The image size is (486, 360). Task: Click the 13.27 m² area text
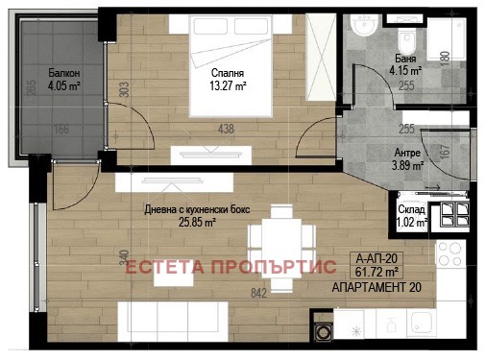(x=228, y=84)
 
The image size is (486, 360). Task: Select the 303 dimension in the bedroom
(x=124, y=92)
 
